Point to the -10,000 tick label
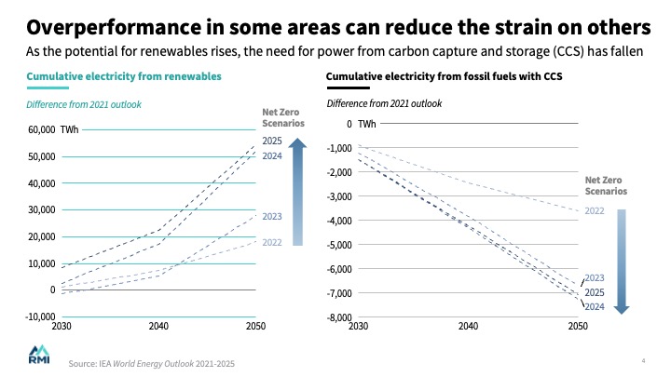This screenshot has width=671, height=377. click(38, 317)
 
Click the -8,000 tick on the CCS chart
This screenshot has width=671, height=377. click(336, 317)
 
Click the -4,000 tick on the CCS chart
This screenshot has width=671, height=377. click(336, 221)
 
